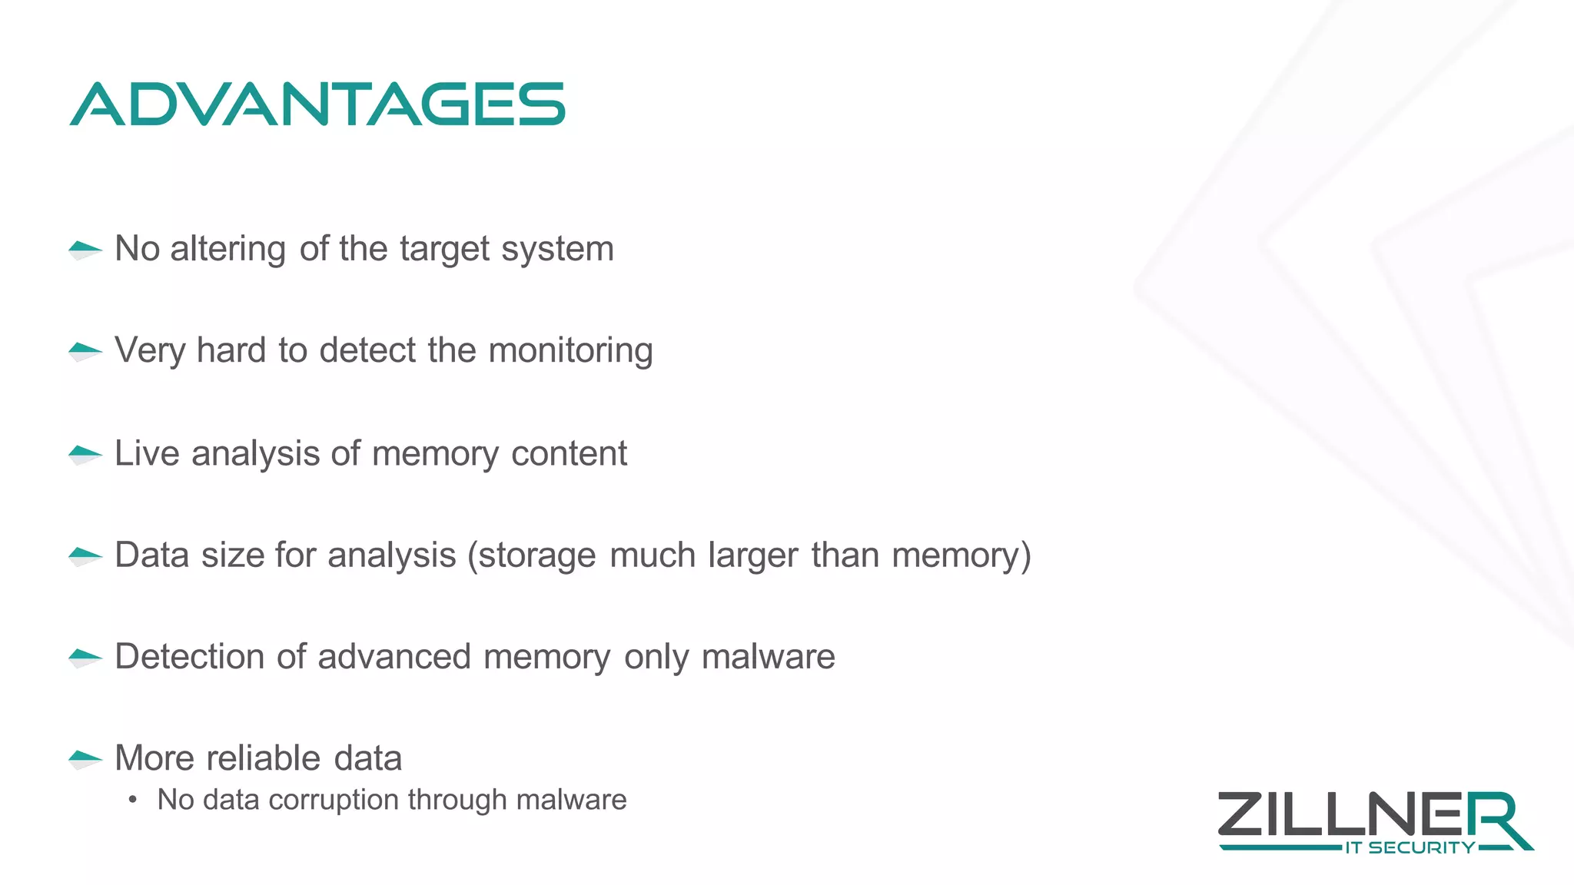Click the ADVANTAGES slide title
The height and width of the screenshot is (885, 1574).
click(317, 104)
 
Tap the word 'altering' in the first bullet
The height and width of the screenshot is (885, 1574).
click(227, 249)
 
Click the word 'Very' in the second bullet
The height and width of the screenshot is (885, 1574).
click(150, 351)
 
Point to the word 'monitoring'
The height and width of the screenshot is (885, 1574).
click(570, 351)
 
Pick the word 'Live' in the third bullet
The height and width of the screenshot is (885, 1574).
click(147, 453)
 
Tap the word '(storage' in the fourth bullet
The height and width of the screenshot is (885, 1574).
click(531, 555)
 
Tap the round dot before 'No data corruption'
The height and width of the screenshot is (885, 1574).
click(133, 800)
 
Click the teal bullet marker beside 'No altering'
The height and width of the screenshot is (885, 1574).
click(85, 249)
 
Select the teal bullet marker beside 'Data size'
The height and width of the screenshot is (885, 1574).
click(85, 555)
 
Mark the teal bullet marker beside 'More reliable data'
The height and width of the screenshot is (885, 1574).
click(85, 758)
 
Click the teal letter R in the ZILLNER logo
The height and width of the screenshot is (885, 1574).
click(1495, 818)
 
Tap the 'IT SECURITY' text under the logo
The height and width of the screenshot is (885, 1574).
click(1410, 848)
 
